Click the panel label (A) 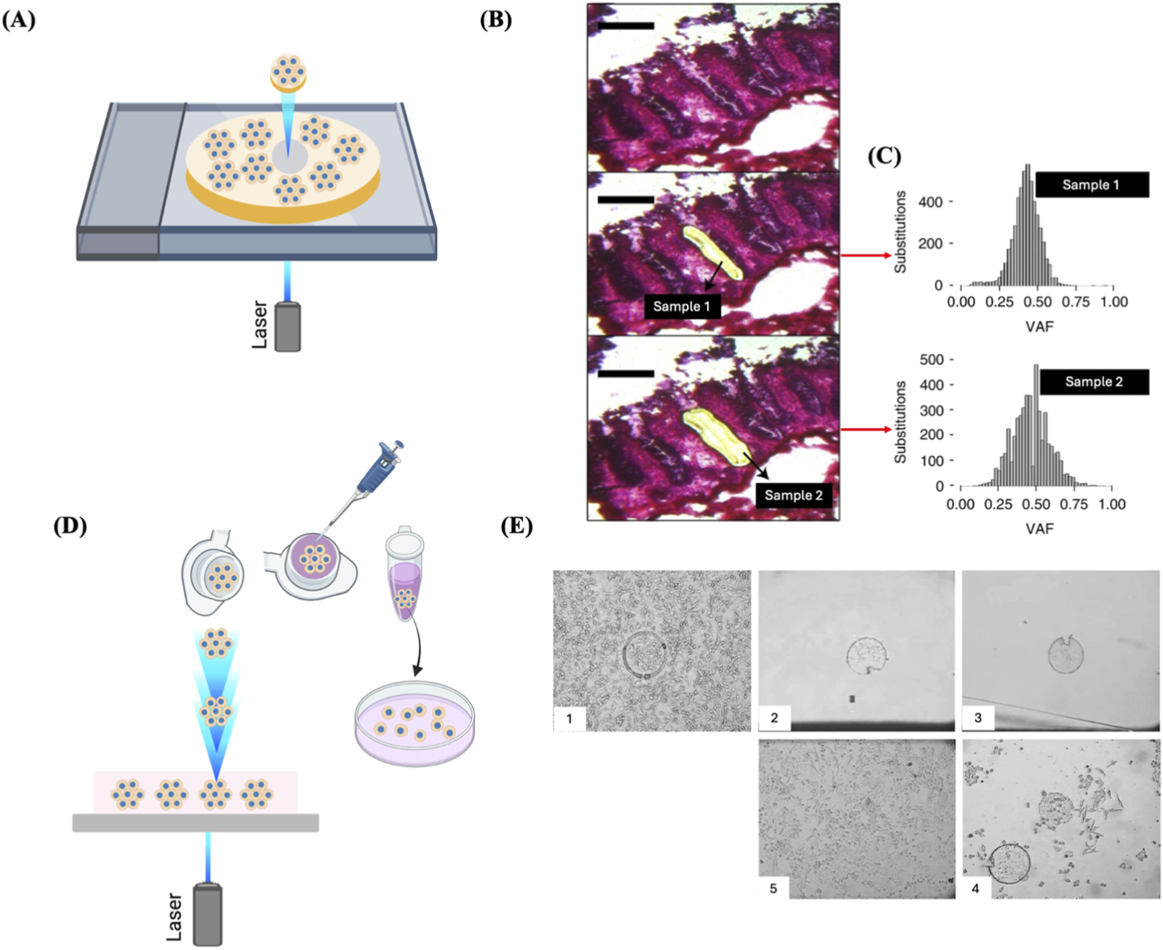pyautogui.click(x=19, y=20)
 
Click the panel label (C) pyautogui.click(x=884, y=156)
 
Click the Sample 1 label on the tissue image pyautogui.click(x=681, y=307)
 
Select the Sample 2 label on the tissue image pyautogui.click(x=793, y=495)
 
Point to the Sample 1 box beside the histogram pyautogui.click(x=1091, y=185)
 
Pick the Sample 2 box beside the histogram pyautogui.click(x=1094, y=382)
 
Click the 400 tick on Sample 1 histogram pyautogui.click(x=930, y=203)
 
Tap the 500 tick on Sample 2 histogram pyautogui.click(x=931, y=360)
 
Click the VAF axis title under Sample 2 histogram pyautogui.click(x=1039, y=528)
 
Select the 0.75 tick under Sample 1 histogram pyautogui.click(x=1076, y=302)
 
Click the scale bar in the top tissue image pyautogui.click(x=626, y=26)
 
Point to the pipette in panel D pyautogui.click(x=374, y=473)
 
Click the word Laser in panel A pyautogui.click(x=260, y=325)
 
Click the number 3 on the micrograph pyautogui.click(x=978, y=718)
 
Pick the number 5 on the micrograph pyautogui.click(x=773, y=888)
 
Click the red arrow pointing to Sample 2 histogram pyautogui.click(x=866, y=429)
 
